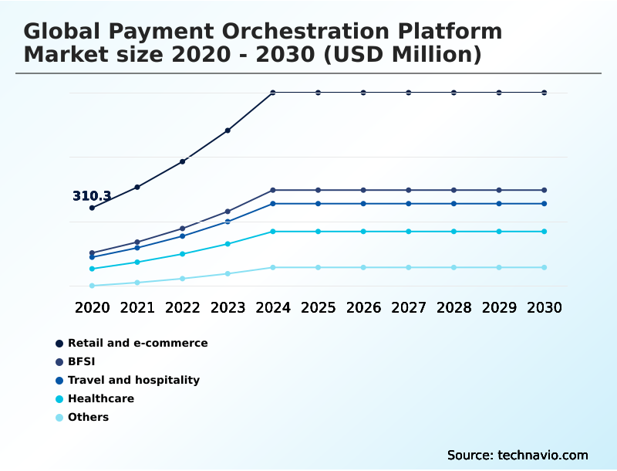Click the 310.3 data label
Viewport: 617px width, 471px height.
(92, 196)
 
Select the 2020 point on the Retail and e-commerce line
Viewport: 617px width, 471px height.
(92, 208)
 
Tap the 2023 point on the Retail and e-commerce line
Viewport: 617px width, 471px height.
(228, 130)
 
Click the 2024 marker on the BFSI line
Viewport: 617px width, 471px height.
(273, 190)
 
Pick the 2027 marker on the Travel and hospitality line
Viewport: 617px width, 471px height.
(409, 204)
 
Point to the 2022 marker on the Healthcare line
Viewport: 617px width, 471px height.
(183, 254)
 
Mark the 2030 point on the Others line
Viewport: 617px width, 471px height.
(545, 267)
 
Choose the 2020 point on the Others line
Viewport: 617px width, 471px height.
(92, 286)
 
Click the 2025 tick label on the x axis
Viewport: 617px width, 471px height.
(318, 307)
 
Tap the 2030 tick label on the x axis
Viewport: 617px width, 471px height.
(545, 307)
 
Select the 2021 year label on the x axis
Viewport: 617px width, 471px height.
(137, 307)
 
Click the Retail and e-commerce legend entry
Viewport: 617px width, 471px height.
(137, 343)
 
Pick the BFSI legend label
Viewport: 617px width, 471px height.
(82, 361)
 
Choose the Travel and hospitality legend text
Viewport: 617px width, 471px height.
(133, 380)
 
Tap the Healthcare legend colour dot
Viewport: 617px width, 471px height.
(59, 399)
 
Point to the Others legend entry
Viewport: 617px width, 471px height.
(88, 417)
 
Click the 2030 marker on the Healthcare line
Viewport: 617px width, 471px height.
(545, 232)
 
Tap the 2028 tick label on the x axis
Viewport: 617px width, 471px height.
(453, 307)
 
